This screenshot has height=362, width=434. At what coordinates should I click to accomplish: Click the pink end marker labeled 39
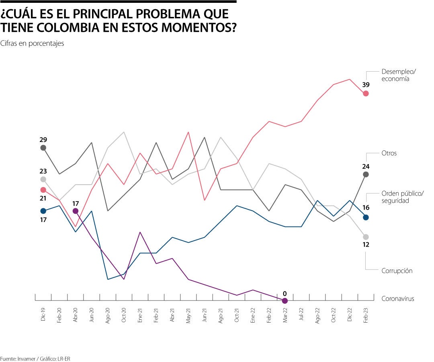pyautogui.click(x=366, y=93)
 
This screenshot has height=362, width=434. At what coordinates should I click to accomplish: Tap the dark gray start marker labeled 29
pyautogui.click(x=43, y=148)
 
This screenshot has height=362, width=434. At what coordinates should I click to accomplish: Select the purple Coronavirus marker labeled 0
pyautogui.click(x=285, y=300)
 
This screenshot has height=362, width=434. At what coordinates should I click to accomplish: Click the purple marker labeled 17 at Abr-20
pyautogui.click(x=76, y=211)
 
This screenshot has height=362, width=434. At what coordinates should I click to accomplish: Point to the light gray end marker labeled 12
pyautogui.click(x=366, y=237)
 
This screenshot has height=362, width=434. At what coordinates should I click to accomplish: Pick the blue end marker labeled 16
pyautogui.click(x=366, y=217)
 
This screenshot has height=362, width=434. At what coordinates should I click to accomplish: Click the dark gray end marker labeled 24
pyautogui.click(x=366, y=174)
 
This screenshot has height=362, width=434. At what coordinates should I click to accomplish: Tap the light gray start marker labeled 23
pyautogui.click(x=43, y=179)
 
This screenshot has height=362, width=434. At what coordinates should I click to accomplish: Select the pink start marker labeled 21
pyautogui.click(x=43, y=189)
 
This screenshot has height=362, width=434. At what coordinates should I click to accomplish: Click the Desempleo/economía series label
pyautogui.click(x=399, y=75)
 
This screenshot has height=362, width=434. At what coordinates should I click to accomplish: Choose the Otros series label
pyautogui.click(x=389, y=153)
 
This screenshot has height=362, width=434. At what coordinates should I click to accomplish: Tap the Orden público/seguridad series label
pyautogui.click(x=402, y=197)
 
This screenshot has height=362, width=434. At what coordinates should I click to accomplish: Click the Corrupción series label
pyautogui.click(x=397, y=271)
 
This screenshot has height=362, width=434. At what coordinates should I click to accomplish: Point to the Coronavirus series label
pyautogui.click(x=397, y=298)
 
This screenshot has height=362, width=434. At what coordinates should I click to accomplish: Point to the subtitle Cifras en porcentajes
pyautogui.click(x=32, y=43)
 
